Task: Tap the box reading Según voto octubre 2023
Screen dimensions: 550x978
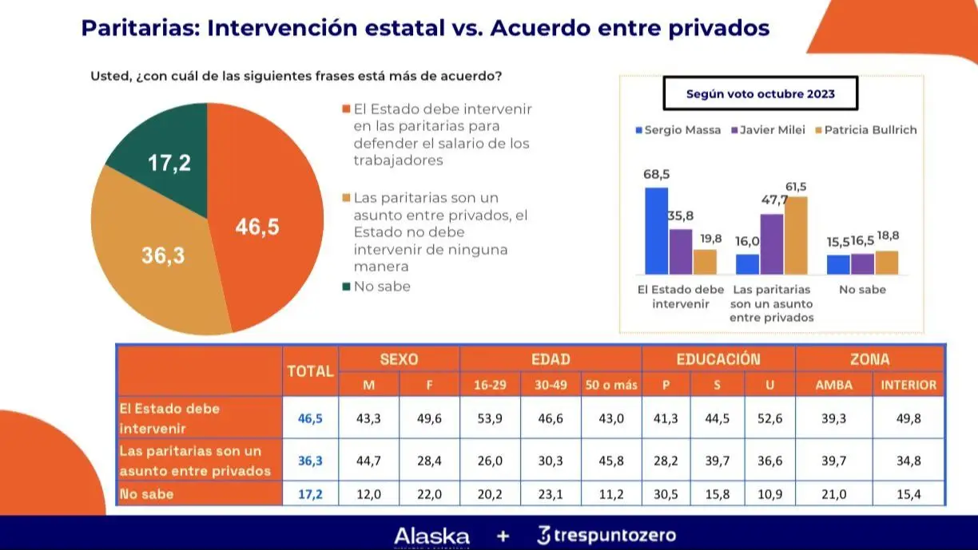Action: click(x=760, y=93)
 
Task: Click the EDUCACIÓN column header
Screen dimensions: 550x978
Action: click(x=718, y=359)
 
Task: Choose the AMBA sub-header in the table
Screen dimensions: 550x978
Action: click(x=833, y=385)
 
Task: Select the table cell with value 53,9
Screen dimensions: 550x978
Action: click(x=489, y=418)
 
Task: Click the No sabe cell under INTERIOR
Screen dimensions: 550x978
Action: click(x=908, y=495)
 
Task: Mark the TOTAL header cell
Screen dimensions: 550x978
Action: click(x=310, y=371)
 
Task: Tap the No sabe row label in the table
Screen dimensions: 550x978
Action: click(x=147, y=495)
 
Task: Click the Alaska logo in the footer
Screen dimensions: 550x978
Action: click(x=431, y=536)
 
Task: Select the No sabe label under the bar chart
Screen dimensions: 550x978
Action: click(x=862, y=290)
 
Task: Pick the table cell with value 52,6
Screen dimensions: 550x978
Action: click(x=769, y=418)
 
